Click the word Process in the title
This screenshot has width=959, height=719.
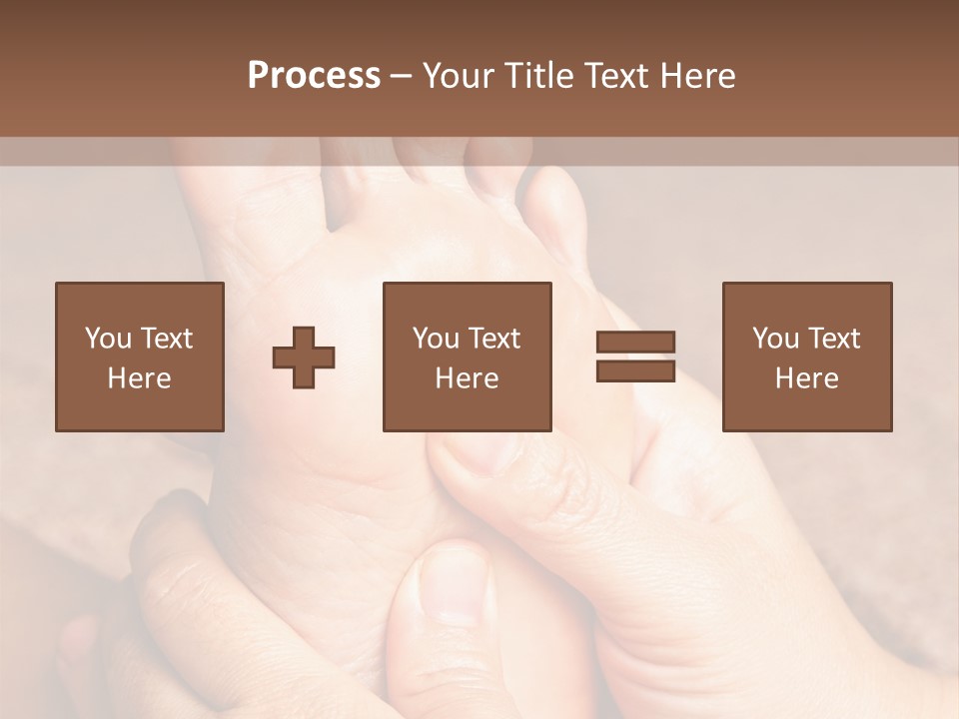(x=314, y=76)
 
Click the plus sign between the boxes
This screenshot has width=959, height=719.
(x=304, y=358)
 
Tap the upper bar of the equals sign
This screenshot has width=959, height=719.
(x=635, y=342)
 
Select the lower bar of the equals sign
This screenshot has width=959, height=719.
(x=635, y=370)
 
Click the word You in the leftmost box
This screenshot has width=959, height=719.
(x=107, y=339)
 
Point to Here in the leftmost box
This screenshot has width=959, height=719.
(x=139, y=378)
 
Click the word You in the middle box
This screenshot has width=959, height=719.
(x=436, y=339)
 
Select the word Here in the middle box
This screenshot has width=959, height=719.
(x=467, y=378)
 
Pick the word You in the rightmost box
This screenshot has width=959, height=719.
(x=775, y=339)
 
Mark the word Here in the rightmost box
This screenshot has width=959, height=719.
(x=806, y=378)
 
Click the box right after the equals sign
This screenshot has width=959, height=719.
(x=806, y=357)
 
